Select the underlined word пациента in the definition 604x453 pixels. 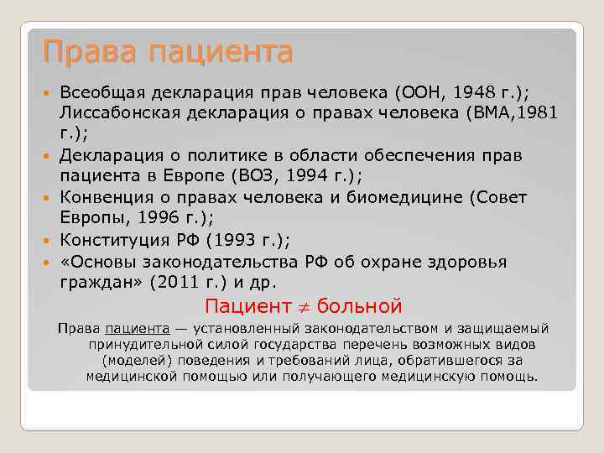click(x=138, y=329)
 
